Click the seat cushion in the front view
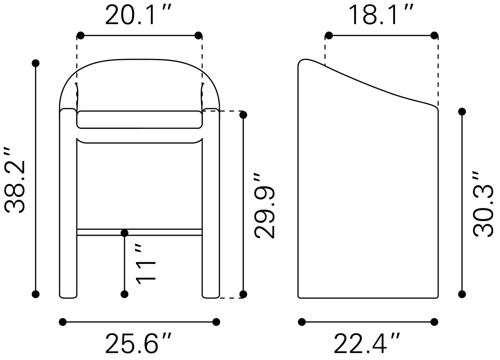tap(139, 119)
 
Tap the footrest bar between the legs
tap(139, 232)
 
